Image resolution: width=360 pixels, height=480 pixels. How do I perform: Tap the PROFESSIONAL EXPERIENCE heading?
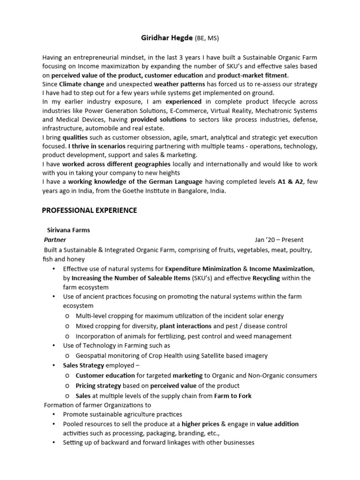coord(90,210)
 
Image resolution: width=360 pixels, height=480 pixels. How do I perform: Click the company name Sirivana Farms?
coord(68,230)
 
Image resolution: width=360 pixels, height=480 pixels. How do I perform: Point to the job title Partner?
coord(55,240)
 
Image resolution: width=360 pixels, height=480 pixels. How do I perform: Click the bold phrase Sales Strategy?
coord(83,365)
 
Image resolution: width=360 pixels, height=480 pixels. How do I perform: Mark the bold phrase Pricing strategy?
coord(97,385)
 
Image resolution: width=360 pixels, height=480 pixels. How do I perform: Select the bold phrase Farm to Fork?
coord(232,396)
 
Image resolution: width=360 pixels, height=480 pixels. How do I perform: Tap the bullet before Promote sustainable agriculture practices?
coord(54,414)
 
